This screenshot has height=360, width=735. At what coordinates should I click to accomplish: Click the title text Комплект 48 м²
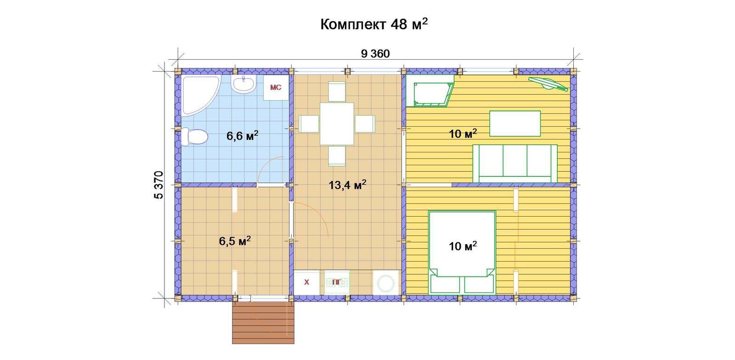(374, 24)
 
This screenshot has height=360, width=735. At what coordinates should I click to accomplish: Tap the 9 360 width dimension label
(375, 54)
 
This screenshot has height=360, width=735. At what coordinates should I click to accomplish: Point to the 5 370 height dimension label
(158, 185)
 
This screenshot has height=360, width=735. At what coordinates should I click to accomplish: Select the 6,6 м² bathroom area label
(242, 135)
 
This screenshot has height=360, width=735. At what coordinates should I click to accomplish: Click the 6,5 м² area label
(235, 241)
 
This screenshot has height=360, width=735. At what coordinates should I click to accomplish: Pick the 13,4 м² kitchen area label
(347, 185)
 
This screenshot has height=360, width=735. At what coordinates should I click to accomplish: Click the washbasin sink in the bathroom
(243, 84)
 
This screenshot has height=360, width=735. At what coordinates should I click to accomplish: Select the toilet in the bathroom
(194, 137)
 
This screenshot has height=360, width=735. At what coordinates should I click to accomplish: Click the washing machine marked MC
(276, 88)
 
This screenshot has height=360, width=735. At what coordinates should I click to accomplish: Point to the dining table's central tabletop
(337, 124)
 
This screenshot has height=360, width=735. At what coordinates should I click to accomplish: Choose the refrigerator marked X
(306, 282)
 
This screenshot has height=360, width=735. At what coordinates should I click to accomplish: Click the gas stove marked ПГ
(337, 282)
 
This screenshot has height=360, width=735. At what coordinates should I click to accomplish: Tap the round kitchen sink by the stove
(385, 282)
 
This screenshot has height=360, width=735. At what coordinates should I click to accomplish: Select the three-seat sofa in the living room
(514, 163)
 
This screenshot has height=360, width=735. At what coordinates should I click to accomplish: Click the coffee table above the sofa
(515, 124)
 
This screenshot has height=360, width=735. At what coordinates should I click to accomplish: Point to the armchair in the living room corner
(430, 91)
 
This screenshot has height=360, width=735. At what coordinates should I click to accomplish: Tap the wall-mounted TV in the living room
(548, 84)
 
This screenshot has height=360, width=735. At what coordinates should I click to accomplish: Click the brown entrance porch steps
(263, 323)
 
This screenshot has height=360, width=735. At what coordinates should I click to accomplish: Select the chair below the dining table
(337, 156)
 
